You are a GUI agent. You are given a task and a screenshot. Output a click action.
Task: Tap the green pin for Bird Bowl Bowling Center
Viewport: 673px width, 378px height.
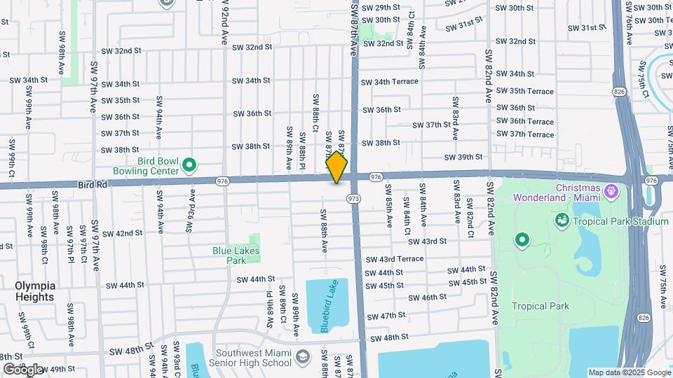pos(189,166)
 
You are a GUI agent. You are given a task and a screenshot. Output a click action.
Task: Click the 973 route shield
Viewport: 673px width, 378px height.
pos(355,199)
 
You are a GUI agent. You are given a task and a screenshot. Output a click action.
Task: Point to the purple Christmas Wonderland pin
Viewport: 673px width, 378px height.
pos(611,190)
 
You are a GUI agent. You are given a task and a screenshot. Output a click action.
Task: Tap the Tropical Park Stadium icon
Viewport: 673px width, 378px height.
pos(562,221)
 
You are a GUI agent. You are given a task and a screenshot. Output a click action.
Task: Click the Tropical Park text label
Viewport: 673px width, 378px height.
pos(541,306)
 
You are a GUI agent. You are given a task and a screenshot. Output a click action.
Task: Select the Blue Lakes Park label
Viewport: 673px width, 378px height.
pos(236,255)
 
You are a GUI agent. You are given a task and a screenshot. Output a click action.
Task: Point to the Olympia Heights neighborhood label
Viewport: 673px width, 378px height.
pos(34,291)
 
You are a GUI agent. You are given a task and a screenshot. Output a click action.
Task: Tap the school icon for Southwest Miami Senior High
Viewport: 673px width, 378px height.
pos(302,357)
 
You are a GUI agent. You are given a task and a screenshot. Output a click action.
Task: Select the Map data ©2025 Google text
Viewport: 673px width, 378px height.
pos(630,372)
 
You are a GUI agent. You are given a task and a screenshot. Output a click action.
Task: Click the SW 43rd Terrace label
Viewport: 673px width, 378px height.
pos(394,259)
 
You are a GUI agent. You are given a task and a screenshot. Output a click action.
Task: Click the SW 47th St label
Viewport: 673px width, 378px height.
pos(387,316)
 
